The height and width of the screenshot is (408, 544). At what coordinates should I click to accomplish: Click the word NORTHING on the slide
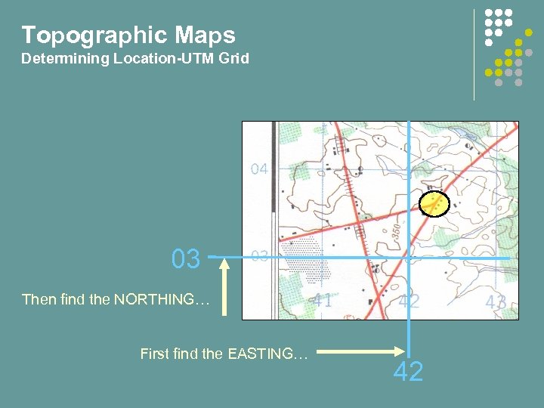pyautogui.click(x=159, y=300)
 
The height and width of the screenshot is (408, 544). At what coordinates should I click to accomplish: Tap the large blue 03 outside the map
pyautogui.click(x=186, y=259)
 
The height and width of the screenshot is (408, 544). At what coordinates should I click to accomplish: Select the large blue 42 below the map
pyautogui.click(x=409, y=371)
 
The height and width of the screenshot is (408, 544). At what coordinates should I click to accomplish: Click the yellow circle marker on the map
pyautogui.click(x=434, y=202)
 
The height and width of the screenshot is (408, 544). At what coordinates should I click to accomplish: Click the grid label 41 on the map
pyautogui.click(x=323, y=300)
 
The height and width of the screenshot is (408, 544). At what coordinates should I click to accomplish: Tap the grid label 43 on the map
pyautogui.click(x=496, y=301)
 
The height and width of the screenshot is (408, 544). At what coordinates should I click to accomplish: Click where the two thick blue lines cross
pyautogui.click(x=409, y=258)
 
